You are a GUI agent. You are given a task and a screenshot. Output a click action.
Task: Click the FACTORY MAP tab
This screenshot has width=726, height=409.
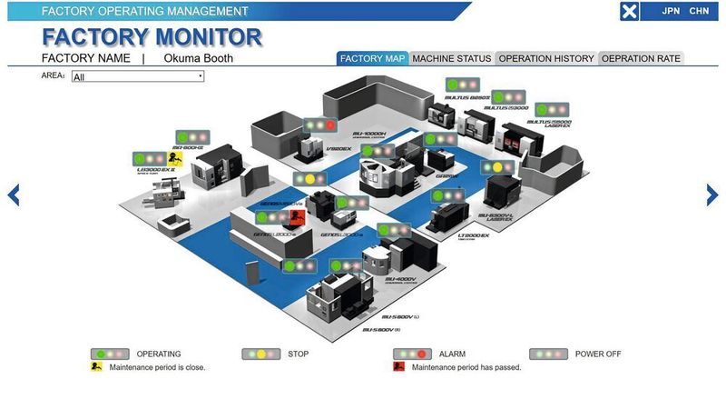(x=372, y=58)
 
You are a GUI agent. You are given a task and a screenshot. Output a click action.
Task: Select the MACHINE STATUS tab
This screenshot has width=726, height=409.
(x=451, y=58)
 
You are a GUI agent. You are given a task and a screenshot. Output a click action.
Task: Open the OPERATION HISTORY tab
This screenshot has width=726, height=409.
(x=545, y=58)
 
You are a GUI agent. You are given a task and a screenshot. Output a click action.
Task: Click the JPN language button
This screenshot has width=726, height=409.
(x=672, y=11)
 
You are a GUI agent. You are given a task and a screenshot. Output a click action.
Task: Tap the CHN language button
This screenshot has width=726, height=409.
(x=699, y=11)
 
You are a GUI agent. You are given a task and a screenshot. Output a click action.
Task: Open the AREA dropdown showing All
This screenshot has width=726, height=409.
(x=137, y=77)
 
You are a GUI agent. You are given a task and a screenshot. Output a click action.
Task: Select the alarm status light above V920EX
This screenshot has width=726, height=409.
(x=319, y=125)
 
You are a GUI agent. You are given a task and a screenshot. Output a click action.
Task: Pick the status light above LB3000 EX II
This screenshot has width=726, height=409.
(x=150, y=158)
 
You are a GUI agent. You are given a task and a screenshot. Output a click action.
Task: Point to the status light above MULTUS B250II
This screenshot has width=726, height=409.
(x=463, y=85)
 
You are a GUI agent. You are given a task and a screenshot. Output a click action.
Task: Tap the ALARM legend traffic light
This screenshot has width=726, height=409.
(x=411, y=354)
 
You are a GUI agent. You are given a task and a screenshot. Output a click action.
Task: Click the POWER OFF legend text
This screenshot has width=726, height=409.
(x=598, y=354)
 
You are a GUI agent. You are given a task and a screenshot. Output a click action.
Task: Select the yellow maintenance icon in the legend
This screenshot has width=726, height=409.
(x=95, y=367)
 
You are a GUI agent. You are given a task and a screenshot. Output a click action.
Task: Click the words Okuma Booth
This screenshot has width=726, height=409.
(x=198, y=58)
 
